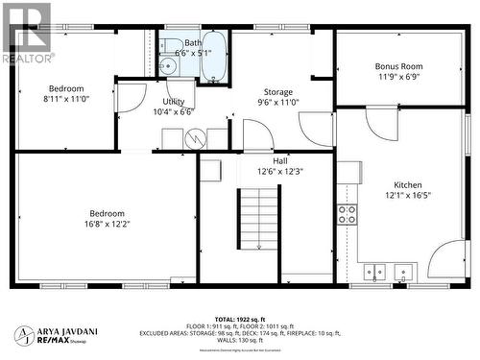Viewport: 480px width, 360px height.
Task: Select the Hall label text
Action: [x=279, y=161]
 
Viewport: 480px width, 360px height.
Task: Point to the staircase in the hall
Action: [x=258, y=219]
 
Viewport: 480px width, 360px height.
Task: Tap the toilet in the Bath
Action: [x=166, y=66]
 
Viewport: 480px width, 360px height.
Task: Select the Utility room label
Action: [x=174, y=101]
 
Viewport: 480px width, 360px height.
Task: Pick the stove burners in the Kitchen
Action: [x=347, y=213]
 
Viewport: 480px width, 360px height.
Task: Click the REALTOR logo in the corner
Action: [x=27, y=34]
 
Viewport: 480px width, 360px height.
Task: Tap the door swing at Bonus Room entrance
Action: [x=381, y=122]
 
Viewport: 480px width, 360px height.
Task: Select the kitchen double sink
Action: [x=388, y=271]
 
